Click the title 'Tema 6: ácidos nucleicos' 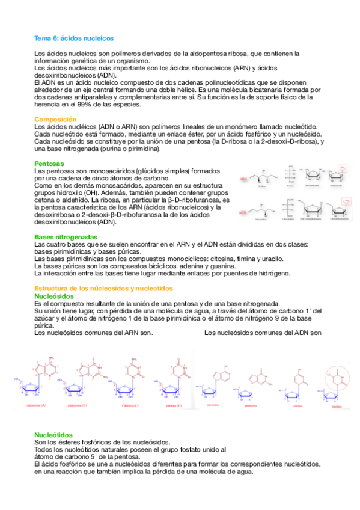coord(74,38)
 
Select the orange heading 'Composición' coord(55,120)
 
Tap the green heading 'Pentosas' coord(49,164)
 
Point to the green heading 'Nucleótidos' coord(53,435)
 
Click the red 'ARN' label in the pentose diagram coord(243,179)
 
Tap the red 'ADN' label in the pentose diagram coord(243,212)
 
